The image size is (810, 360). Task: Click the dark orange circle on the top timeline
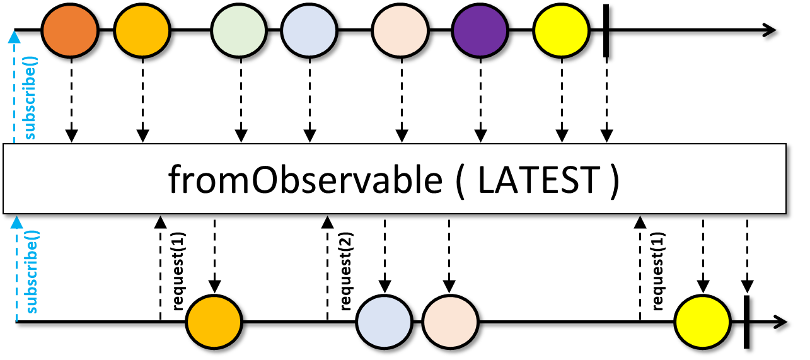coord(70,30)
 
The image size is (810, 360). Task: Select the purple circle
coord(480,30)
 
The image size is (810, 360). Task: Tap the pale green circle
coord(240,30)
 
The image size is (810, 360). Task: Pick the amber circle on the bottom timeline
coord(214,322)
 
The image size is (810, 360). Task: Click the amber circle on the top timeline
coord(142,30)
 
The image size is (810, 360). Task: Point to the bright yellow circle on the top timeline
coord(561,30)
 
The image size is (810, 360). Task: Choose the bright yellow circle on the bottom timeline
coord(702,322)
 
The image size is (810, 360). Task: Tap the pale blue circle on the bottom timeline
coord(384,322)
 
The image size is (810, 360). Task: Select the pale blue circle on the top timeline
coord(309,30)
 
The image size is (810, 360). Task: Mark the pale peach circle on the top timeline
coord(400,30)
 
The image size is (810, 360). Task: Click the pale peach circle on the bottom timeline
coord(449,322)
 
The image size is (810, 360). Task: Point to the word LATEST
coord(537,180)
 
